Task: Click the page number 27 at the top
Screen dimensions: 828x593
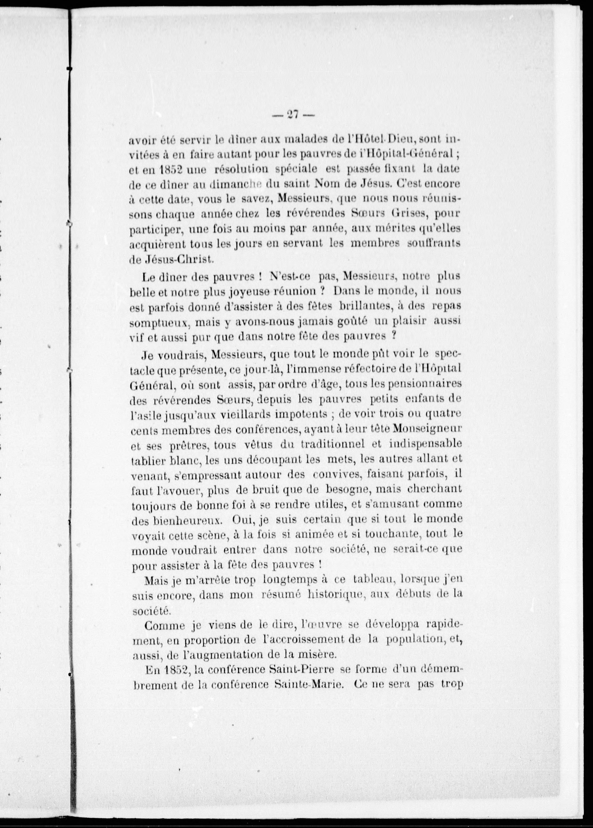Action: [x=293, y=115]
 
